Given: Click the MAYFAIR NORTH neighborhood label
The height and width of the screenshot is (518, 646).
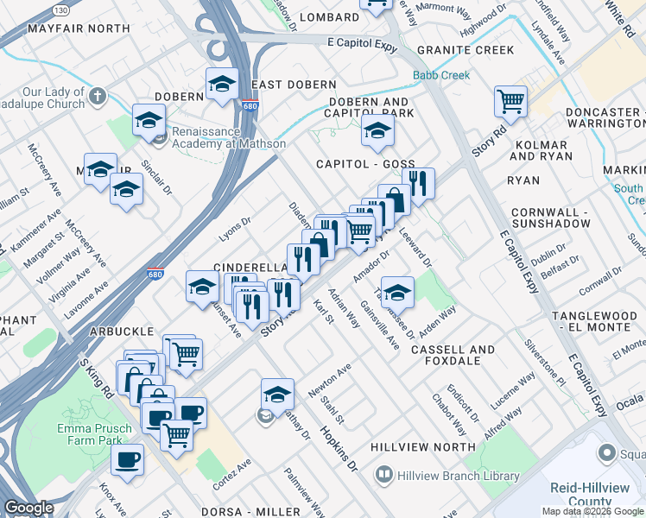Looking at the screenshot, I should click(79, 28).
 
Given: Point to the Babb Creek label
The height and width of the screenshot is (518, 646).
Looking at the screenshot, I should click(441, 76).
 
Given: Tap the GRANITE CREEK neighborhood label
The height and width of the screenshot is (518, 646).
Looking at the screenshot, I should click(465, 51).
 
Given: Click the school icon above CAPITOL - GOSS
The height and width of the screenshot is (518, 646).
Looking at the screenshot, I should click(377, 131).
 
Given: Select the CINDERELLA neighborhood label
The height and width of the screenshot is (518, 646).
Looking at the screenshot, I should click(250, 268).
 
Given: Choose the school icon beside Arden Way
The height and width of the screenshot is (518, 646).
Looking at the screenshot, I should click(396, 290).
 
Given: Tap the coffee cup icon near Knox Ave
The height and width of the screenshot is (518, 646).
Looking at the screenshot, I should click(128, 459).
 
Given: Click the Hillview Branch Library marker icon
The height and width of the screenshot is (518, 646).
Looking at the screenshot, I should click(383, 475).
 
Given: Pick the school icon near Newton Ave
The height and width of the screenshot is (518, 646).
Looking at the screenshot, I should click(277, 394).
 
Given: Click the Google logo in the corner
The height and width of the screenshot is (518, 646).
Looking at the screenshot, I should click(28, 508).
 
